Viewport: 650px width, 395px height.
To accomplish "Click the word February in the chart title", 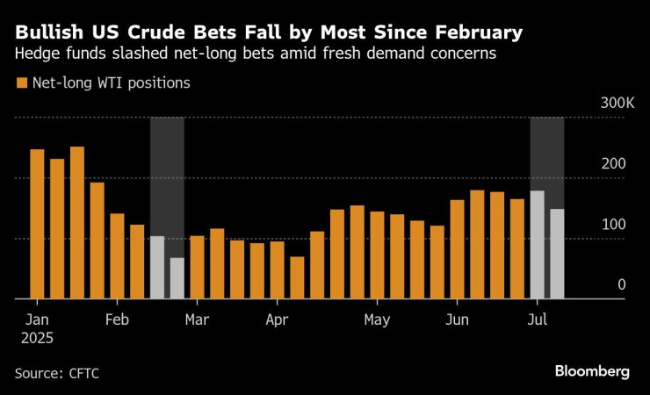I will tap(476, 34).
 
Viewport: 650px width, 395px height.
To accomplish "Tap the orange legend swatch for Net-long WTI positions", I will tap(21, 84).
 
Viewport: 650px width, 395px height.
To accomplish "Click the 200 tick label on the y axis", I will tap(619, 165).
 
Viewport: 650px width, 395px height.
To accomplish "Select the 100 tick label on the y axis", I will tap(619, 225).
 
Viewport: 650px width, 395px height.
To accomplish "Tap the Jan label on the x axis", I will tap(37, 319).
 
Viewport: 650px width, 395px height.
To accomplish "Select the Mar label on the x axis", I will tap(197, 319).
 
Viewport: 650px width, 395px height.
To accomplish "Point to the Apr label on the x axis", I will tap(277, 319).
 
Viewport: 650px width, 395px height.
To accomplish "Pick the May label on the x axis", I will tap(377, 319).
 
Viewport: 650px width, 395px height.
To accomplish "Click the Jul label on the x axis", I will tap(538, 319).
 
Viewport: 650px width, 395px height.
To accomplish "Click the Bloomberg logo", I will tap(592, 371).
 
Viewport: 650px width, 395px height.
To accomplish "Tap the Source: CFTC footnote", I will tap(57, 373).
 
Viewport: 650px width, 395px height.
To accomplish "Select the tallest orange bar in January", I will tap(77, 223).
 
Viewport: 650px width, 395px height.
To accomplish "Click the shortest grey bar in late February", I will tap(177, 278).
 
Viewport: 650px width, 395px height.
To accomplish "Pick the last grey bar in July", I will tap(557, 254).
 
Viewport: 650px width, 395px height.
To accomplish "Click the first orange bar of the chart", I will tap(37, 224).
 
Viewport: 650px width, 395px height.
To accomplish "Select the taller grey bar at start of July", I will tap(537, 245).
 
